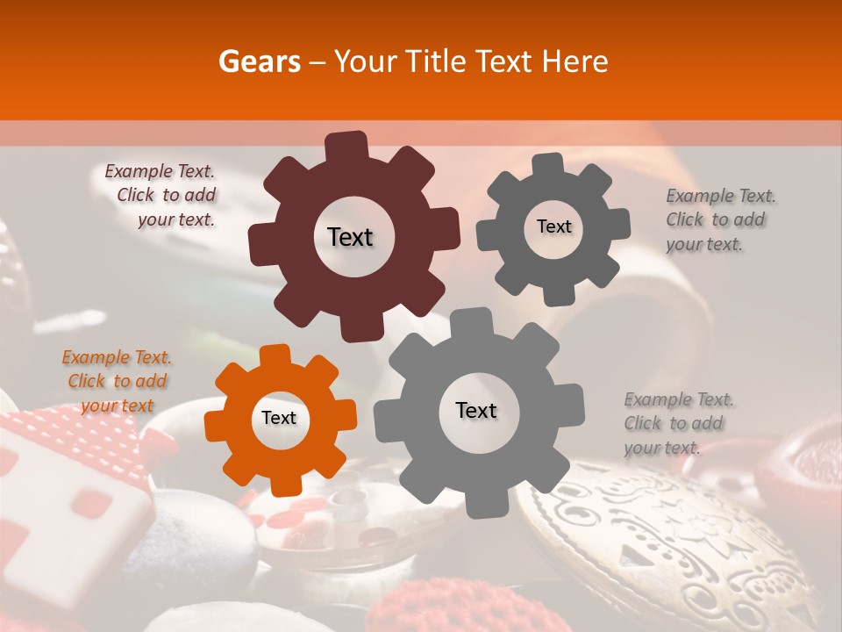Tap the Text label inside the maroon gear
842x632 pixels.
pyautogui.click(x=350, y=237)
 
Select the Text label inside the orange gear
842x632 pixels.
pyautogui.click(x=279, y=419)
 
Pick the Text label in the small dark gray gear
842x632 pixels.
pyautogui.click(x=553, y=226)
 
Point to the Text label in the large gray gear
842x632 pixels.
pyautogui.click(x=476, y=410)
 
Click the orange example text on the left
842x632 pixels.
pyautogui.click(x=117, y=381)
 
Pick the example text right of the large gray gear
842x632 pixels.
pyautogui.click(x=677, y=423)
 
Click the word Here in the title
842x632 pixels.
pyautogui.click(x=574, y=61)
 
